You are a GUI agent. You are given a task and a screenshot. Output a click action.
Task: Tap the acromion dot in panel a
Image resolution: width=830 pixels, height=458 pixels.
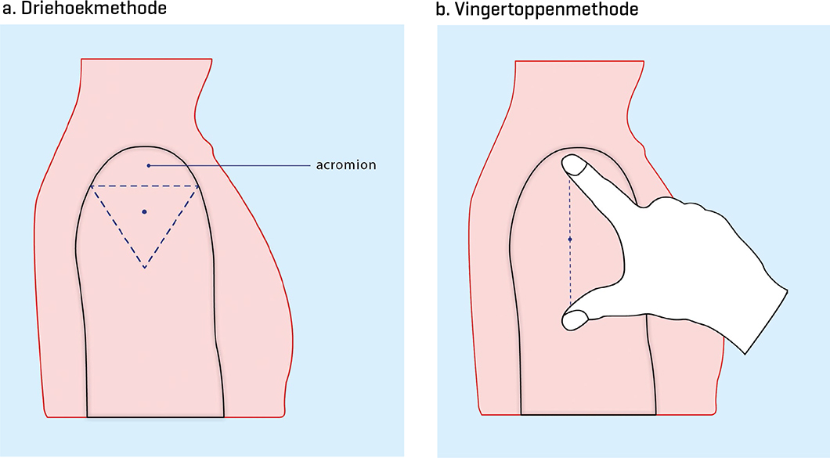(148, 165)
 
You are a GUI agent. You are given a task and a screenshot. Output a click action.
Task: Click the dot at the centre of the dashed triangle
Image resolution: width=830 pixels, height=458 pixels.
(144, 211)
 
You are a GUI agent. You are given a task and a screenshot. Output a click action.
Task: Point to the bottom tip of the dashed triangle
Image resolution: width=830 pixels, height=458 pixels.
(144, 268)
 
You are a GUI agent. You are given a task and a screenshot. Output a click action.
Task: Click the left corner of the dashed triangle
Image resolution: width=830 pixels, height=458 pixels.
(91, 186)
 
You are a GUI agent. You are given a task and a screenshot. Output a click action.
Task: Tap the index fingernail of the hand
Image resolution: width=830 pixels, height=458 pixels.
(576, 164)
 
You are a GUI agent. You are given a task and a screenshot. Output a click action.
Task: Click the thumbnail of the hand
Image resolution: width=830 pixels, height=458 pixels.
(574, 319)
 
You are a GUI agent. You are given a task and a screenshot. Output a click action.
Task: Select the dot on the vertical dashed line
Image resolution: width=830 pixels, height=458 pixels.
(570, 239)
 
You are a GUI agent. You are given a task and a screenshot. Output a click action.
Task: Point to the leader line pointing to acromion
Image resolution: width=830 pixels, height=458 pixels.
(235, 165)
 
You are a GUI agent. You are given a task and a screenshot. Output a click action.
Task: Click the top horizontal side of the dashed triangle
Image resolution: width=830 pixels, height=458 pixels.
(144, 186)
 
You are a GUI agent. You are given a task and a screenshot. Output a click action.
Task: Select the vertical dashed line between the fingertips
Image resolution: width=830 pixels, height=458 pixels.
(570, 266)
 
